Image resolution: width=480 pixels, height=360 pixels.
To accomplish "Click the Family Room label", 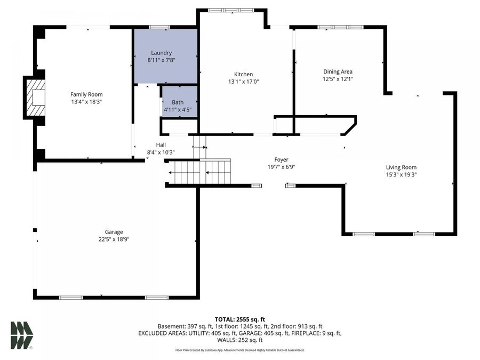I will [x=86, y=94].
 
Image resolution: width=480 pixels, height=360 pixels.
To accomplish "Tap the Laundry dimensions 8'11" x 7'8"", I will [x=161, y=60].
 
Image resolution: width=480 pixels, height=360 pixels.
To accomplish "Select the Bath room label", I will [x=178, y=102].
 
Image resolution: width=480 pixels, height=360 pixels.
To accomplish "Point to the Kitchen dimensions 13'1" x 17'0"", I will [x=244, y=82].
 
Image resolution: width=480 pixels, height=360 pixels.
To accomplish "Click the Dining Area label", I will [x=338, y=71].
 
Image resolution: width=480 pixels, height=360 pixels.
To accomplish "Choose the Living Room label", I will [x=401, y=167].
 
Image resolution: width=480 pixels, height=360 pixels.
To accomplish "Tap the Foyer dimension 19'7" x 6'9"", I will [x=281, y=166].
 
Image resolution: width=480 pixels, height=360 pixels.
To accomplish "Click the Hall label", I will [x=161, y=145].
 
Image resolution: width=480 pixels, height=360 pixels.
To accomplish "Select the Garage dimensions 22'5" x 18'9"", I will [x=114, y=239].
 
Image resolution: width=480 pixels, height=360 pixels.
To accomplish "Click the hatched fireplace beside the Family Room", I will [x=36, y=98].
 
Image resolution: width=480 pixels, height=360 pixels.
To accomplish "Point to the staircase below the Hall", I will [x=200, y=172].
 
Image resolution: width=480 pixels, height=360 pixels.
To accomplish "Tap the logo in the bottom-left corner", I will [x=21, y=335].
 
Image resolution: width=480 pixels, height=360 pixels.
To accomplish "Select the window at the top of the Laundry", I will [x=156, y=27].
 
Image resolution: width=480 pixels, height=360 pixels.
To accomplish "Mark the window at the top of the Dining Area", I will [x=340, y=27].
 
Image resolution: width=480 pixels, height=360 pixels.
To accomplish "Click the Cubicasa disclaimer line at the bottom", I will [x=240, y=350].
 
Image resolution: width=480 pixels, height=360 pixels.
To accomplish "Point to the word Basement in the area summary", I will [x=171, y=326].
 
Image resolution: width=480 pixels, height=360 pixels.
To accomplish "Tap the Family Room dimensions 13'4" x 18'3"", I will [x=86, y=101].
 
